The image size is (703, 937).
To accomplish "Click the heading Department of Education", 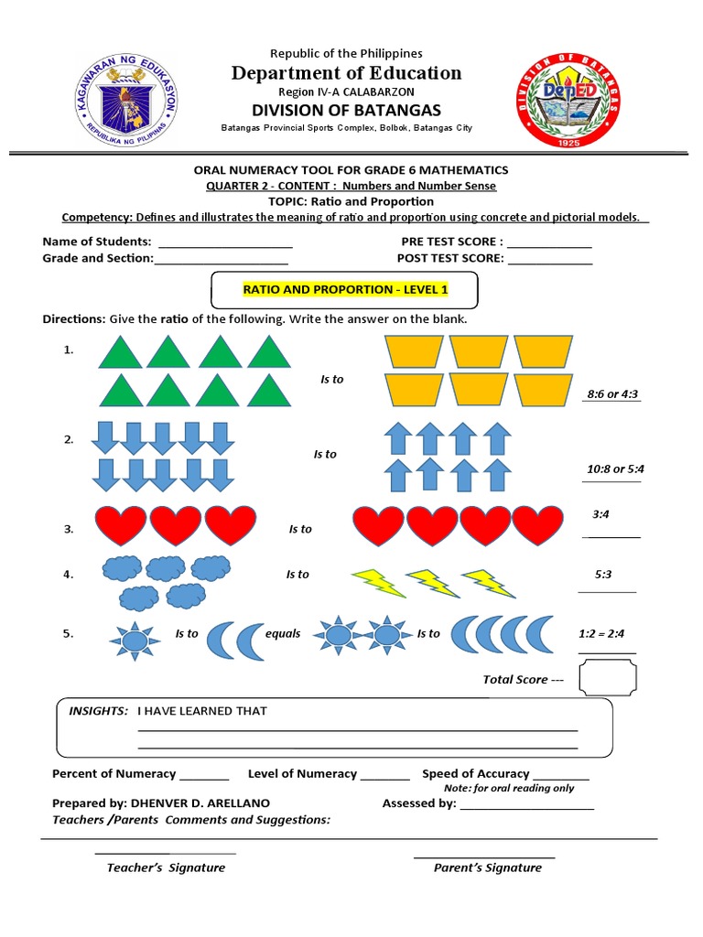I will click(x=347, y=73).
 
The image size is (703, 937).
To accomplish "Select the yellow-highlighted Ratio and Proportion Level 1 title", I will click(x=345, y=290).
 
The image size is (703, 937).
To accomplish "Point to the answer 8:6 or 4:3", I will click(x=612, y=394).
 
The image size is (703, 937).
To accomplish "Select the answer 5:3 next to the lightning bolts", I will click(x=602, y=575).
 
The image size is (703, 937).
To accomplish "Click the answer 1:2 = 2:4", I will click(x=601, y=633).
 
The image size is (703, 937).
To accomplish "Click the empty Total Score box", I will click(x=608, y=679).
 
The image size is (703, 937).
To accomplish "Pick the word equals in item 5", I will click(x=283, y=633).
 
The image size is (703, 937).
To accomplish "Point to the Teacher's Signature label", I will click(x=166, y=867).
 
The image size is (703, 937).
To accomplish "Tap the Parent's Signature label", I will click(x=487, y=867).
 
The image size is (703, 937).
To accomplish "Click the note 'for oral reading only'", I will click(x=509, y=788).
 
